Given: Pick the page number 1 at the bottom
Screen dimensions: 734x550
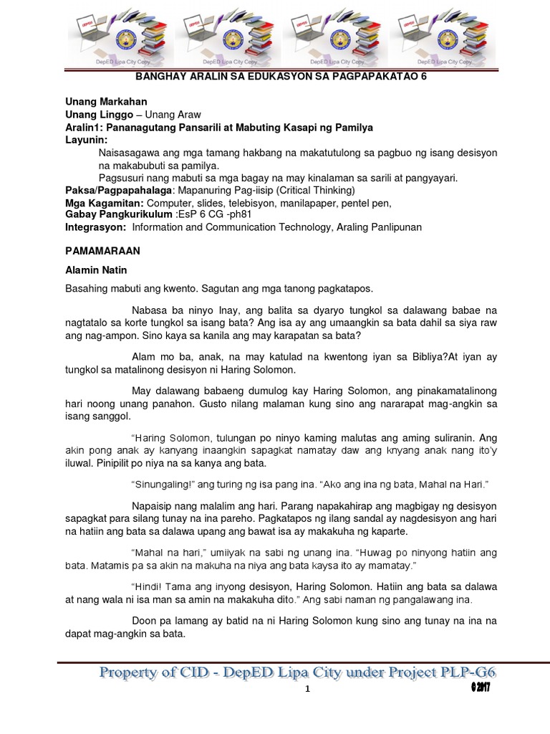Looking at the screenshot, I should coord(307,690).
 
